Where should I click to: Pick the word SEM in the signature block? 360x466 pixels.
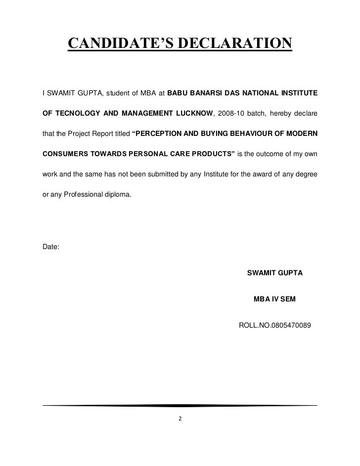(290, 299)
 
